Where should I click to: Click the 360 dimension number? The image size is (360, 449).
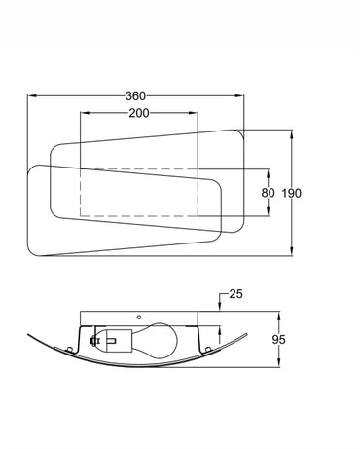pyautogui.click(x=135, y=96)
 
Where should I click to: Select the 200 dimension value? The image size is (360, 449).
pyautogui.click(x=139, y=113)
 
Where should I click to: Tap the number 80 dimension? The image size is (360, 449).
pyautogui.click(x=268, y=193)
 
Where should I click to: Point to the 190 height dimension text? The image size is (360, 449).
pyautogui.click(x=291, y=193)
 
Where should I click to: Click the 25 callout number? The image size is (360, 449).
pyautogui.click(x=235, y=294)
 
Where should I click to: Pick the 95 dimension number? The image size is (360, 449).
pyautogui.click(x=278, y=340)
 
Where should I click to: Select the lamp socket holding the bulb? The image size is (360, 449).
pyautogui.click(x=115, y=341)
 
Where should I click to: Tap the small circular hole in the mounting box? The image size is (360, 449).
pyautogui.click(x=139, y=317)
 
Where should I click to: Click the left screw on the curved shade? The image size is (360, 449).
pyautogui.click(x=68, y=349)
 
